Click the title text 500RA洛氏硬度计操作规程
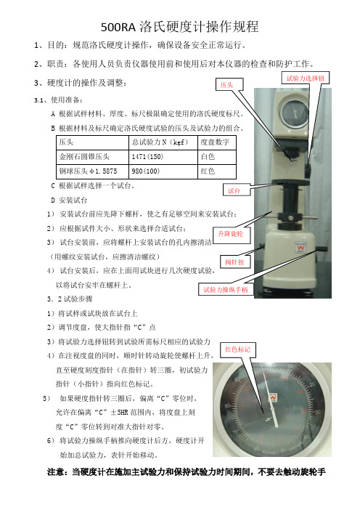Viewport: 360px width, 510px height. coord(180,28)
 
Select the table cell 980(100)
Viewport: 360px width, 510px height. coord(146,171)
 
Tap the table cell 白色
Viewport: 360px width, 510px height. coord(208,156)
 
